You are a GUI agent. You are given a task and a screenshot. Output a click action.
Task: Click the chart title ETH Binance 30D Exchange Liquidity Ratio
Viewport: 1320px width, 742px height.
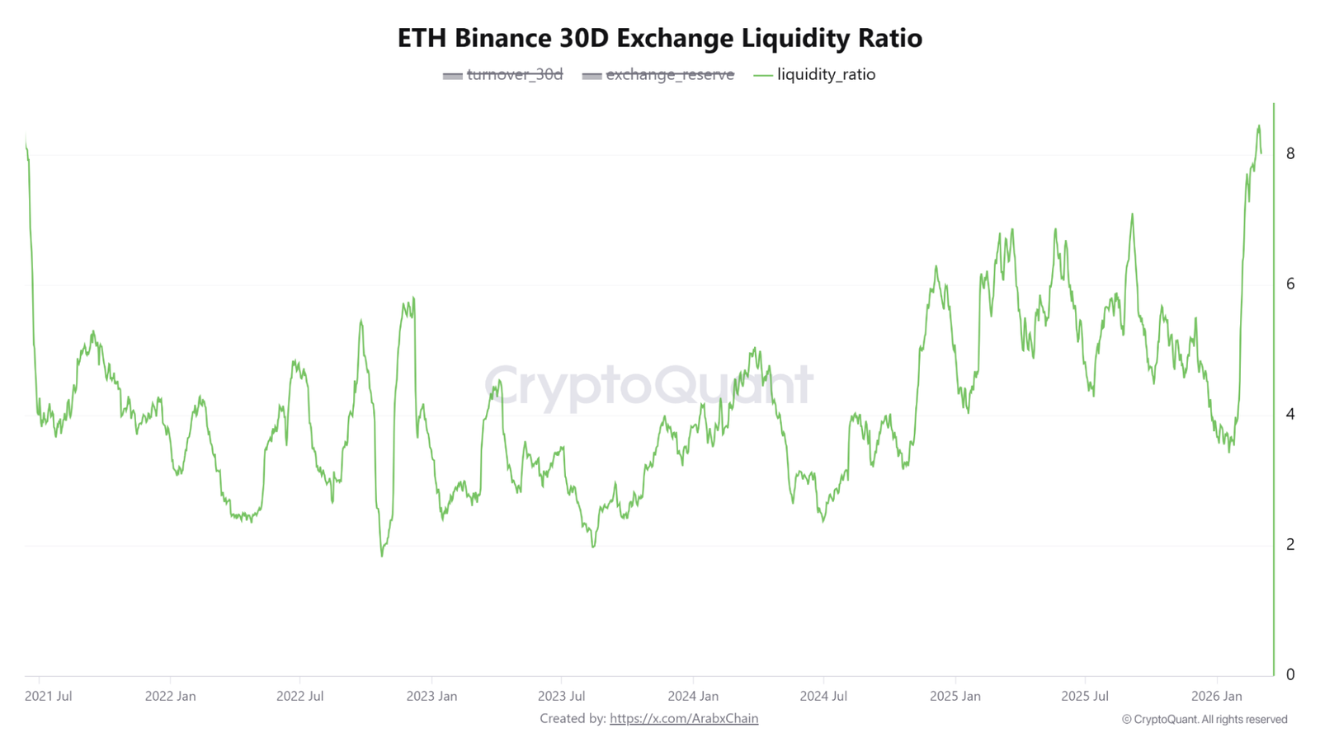(x=659, y=38)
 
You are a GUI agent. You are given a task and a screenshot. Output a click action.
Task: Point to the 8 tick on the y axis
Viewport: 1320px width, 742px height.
(x=1290, y=153)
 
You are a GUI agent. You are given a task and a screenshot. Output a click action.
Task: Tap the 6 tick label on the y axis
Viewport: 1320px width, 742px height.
(x=1290, y=284)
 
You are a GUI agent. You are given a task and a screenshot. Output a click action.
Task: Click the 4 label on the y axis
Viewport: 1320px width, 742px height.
(x=1290, y=414)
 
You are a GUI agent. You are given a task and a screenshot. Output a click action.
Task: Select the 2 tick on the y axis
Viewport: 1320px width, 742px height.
(x=1290, y=544)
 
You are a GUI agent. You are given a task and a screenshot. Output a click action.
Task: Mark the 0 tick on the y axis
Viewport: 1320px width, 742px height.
(x=1290, y=674)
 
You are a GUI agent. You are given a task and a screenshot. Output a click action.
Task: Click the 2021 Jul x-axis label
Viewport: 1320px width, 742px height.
(x=48, y=696)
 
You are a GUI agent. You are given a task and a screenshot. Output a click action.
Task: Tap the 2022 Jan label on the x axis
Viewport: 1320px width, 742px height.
(x=170, y=696)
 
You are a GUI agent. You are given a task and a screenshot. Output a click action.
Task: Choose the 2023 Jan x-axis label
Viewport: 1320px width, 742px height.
(x=431, y=696)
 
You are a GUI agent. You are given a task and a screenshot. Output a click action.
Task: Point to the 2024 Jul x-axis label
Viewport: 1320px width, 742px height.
(x=823, y=696)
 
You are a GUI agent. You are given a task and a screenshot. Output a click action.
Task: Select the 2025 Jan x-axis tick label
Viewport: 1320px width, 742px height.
(x=955, y=696)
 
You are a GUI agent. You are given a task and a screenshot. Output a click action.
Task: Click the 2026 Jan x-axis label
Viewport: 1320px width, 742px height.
(x=1216, y=696)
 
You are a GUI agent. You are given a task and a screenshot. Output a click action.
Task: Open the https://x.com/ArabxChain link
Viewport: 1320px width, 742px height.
(x=684, y=719)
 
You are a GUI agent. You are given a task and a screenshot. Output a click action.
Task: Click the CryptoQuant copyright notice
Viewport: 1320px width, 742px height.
(x=1204, y=720)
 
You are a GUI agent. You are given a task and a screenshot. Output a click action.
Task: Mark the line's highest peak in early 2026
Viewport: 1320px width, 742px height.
(x=1259, y=126)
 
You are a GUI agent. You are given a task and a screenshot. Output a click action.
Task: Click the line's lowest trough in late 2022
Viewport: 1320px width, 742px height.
(x=382, y=556)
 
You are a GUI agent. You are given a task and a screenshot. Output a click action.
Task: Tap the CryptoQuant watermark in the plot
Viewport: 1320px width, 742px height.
(x=648, y=385)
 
